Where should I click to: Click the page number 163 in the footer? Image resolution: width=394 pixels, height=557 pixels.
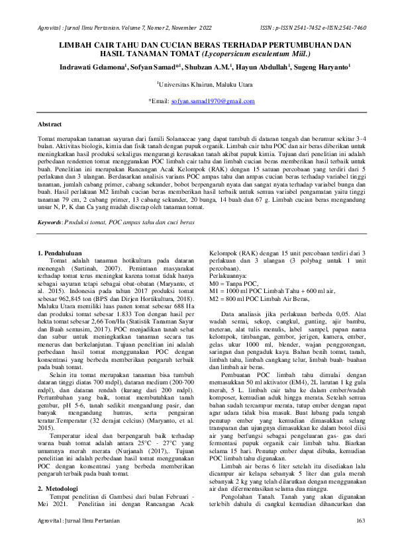[360, 540]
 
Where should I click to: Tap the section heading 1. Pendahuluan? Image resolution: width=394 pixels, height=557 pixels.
[64, 253]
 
